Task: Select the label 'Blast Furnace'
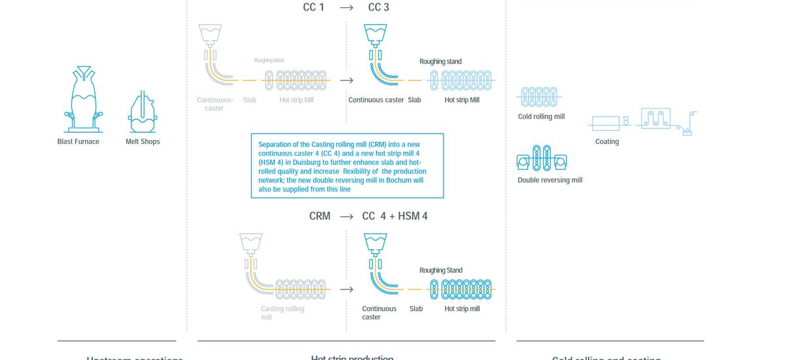coord(78,141)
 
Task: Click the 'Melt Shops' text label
coord(143,141)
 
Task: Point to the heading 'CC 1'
coord(313,7)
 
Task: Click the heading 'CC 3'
coord(379,7)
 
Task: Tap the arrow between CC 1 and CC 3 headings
coord(347,8)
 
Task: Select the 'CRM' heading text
coord(320,216)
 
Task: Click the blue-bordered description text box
coord(347,166)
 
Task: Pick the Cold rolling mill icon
coord(539,97)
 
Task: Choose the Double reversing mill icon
coord(542,158)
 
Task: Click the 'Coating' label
coord(607,141)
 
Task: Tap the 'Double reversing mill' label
coord(549,180)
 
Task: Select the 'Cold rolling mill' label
coord(541,117)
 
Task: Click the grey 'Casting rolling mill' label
coord(282,313)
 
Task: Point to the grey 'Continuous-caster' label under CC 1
coord(215,104)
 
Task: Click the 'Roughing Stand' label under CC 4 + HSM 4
coord(441,270)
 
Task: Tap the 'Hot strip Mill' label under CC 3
coord(462,100)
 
